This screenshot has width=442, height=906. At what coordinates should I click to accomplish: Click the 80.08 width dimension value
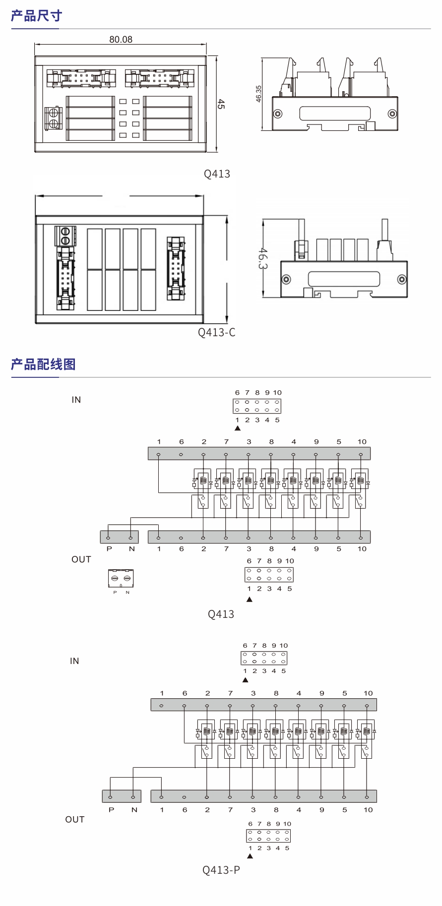(x=121, y=39)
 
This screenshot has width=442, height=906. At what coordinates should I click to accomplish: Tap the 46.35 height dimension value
(x=258, y=94)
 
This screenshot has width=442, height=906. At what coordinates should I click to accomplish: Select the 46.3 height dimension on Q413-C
(x=263, y=258)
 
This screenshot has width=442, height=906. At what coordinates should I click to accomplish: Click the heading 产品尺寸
(x=36, y=16)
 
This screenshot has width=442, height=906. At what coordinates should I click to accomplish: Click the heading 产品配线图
(x=43, y=364)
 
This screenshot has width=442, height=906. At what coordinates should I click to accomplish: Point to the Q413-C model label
(x=217, y=332)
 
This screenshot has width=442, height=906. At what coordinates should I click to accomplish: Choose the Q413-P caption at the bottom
(x=221, y=870)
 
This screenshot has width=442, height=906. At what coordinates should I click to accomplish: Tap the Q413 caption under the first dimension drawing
(x=217, y=174)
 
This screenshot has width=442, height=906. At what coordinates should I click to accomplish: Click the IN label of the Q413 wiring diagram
(x=76, y=400)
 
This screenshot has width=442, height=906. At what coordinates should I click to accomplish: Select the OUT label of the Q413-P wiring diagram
(x=75, y=820)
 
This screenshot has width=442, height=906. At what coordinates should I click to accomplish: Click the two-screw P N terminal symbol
(x=121, y=578)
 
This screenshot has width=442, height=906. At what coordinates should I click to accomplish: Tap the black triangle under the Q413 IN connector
(x=238, y=428)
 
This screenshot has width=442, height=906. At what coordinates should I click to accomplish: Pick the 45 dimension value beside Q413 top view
(x=221, y=104)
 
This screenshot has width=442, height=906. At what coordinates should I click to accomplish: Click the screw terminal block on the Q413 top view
(x=53, y=118)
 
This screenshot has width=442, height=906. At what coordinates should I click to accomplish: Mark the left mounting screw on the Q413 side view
(x=278, y=114)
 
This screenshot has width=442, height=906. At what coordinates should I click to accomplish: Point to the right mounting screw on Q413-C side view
(x=402, y=280)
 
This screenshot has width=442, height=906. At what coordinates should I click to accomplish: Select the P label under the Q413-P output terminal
(x=111, y=810)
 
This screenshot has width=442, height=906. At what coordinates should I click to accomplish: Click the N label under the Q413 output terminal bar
(x=131, y=549)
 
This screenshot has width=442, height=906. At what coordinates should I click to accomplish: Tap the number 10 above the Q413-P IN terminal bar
(x=368, y=693)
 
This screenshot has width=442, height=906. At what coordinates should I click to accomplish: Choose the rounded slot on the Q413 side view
(x=335, y=113)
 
